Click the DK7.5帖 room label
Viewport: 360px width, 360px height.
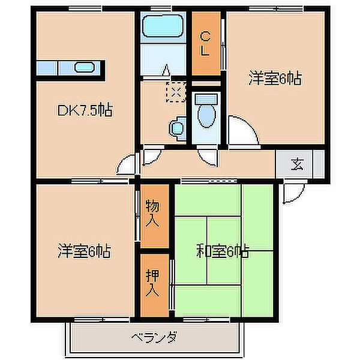pos(84,110)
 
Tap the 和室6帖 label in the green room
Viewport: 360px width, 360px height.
pos(223,252)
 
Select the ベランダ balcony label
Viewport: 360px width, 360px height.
pos(154,337)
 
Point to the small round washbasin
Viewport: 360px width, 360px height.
pos(177,127)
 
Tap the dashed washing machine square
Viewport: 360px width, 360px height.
pos(176,92)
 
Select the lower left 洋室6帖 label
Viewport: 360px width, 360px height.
pos(84,251)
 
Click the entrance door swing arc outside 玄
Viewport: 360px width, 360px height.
pos(293,192)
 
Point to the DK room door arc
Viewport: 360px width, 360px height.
pos(128,164)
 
